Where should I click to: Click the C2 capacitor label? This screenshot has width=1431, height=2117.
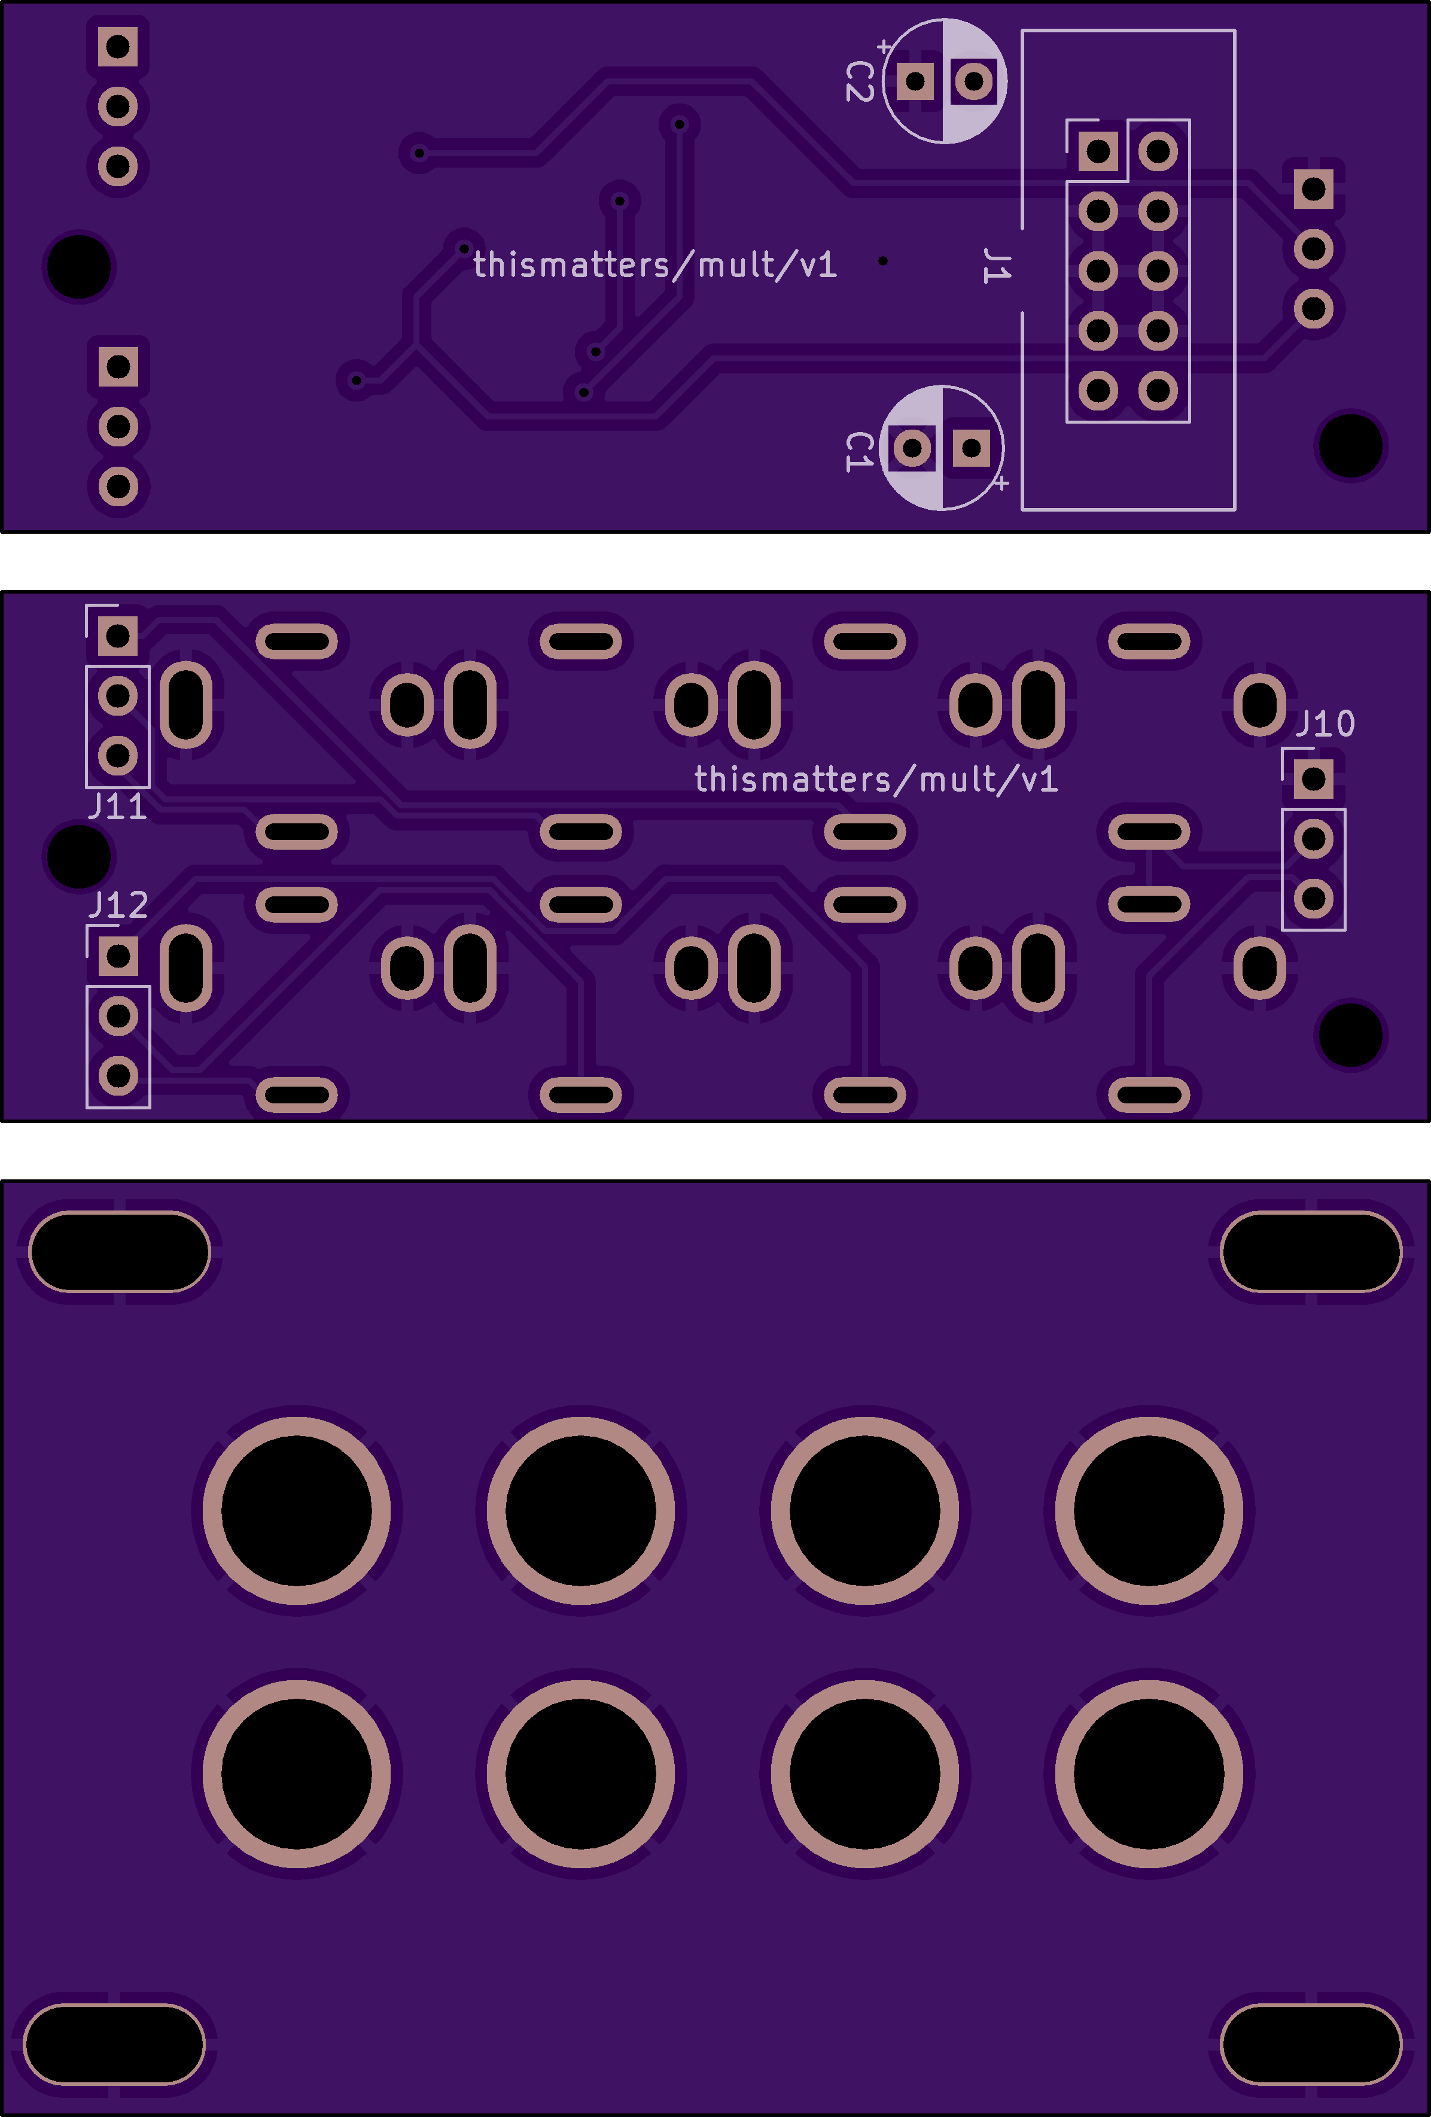860,81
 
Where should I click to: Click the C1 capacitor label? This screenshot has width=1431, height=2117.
860,451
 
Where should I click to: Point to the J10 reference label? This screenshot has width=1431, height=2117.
1325,724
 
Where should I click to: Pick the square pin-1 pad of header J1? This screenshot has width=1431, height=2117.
1098,151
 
